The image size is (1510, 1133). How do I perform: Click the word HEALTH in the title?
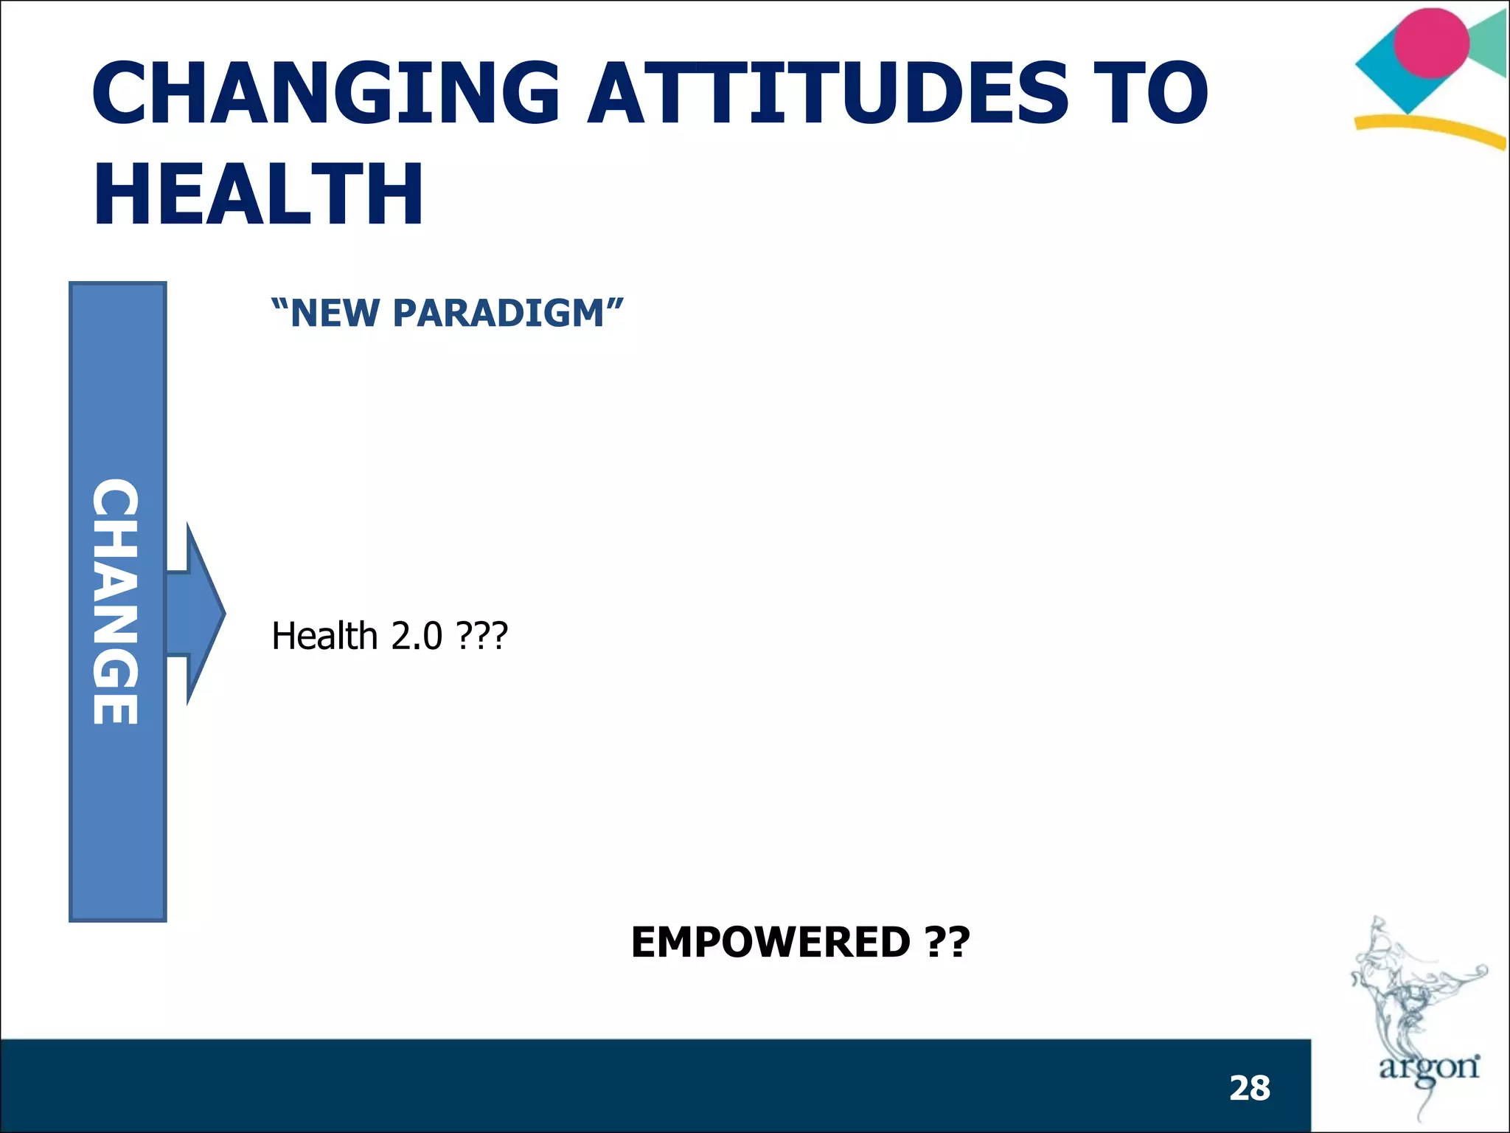tap(258, 193)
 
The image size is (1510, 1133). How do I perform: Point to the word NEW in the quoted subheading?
tap(336, 313)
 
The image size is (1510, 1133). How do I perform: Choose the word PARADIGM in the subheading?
tap(498, 313)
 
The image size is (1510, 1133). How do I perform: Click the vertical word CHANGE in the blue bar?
tap(116, 601)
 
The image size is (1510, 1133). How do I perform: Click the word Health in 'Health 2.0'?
tap(324, 636)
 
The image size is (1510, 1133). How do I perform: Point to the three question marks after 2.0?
tap(482, 636)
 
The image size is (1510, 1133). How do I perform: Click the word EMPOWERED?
tap(770, 942)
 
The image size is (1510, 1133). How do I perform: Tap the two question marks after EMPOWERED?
tap(947, 942)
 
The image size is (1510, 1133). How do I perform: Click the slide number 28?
tap(1250, 1088)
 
